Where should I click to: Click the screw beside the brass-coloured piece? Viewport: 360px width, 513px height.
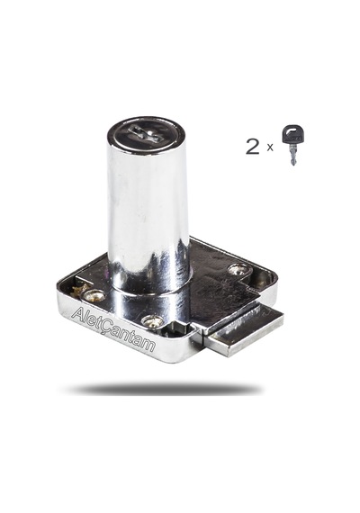pyautogui.click(x=94, y=296)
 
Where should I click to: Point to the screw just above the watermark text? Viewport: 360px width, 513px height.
pyautogui.click(x=152, y=321)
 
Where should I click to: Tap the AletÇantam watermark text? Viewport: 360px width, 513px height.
pyautogui.click(x=113, y=329)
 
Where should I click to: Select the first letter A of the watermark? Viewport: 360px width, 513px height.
pyautogui.click(x=78, y=314)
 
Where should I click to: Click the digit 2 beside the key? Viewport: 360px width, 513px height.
pyautogui.click(x=253, y=147)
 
